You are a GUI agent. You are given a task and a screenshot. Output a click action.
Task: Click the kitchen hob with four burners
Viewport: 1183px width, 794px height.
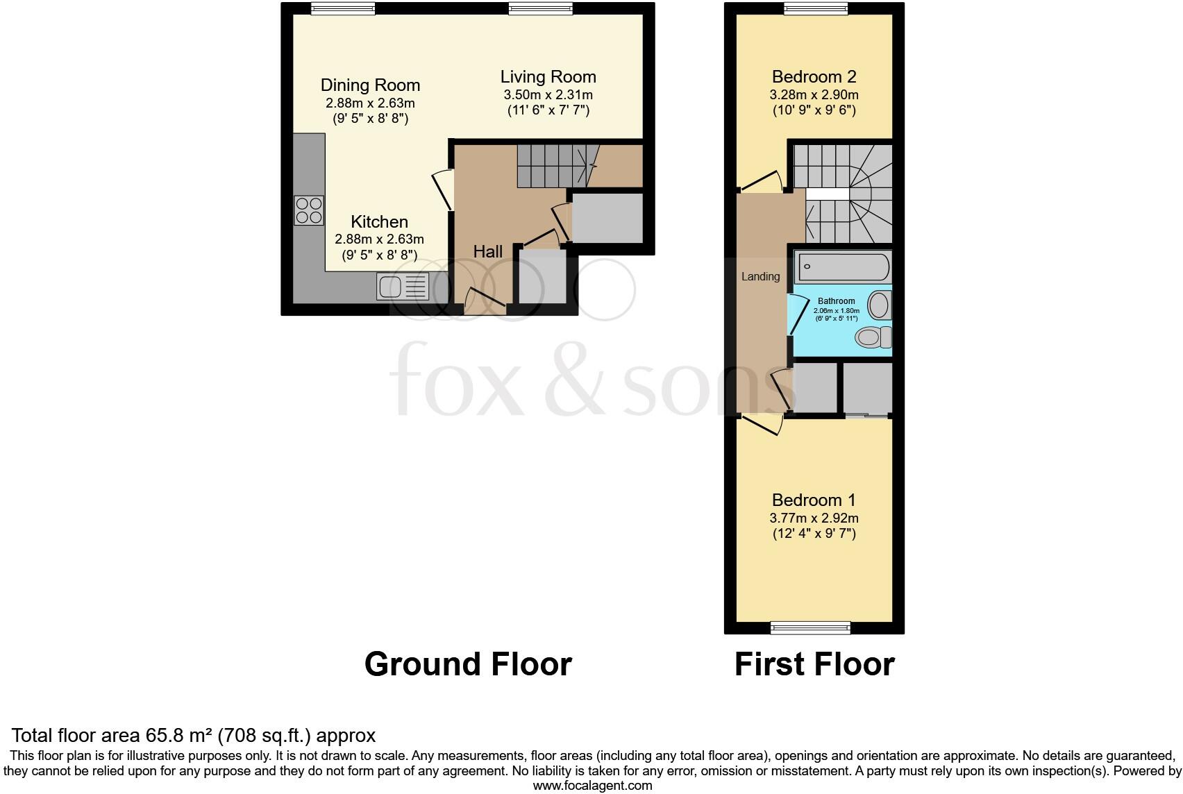click(x=309, y=210)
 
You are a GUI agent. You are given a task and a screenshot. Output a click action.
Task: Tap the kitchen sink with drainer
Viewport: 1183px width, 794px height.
click(x=403, y=286)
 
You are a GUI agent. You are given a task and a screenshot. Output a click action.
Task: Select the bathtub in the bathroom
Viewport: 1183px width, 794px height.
click(x=843, y=266)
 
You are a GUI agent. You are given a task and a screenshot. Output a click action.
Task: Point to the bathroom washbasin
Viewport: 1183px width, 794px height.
click(x=880, y=305)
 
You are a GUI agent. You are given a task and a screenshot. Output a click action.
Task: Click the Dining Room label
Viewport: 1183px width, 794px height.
click(x=370, y=85)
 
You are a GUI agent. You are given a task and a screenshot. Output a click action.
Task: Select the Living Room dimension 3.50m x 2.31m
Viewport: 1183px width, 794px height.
click(x=548, y=94)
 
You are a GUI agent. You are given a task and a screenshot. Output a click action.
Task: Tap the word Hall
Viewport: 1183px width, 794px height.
click(x=487, y=251)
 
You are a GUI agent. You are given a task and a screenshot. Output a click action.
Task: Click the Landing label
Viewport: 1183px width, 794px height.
click(x=760, y=276)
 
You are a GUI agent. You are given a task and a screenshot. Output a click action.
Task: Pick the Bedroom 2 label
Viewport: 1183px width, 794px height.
click(x=814, y=76)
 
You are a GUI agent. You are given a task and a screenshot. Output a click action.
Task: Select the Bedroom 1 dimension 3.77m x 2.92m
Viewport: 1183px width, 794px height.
click(x=814, y=518)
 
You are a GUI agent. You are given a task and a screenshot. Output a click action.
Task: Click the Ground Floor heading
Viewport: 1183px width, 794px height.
click(x=467, y=664)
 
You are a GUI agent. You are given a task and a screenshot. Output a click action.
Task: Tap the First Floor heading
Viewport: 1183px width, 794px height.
click(x=814, y=664)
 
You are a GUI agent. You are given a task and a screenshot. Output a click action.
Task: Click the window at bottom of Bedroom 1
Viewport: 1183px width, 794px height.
click(x=810, y=629)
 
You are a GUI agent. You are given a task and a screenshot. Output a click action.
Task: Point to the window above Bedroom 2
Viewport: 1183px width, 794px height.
click(x=816, y=8)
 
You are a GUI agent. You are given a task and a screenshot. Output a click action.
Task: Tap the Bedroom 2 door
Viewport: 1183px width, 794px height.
click(x=761, y=183)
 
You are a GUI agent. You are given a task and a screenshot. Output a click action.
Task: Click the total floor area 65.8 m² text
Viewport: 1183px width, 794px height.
click(x=194, y=736)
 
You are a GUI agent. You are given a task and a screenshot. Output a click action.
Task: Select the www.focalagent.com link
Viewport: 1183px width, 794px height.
click(x=592, y=786)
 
